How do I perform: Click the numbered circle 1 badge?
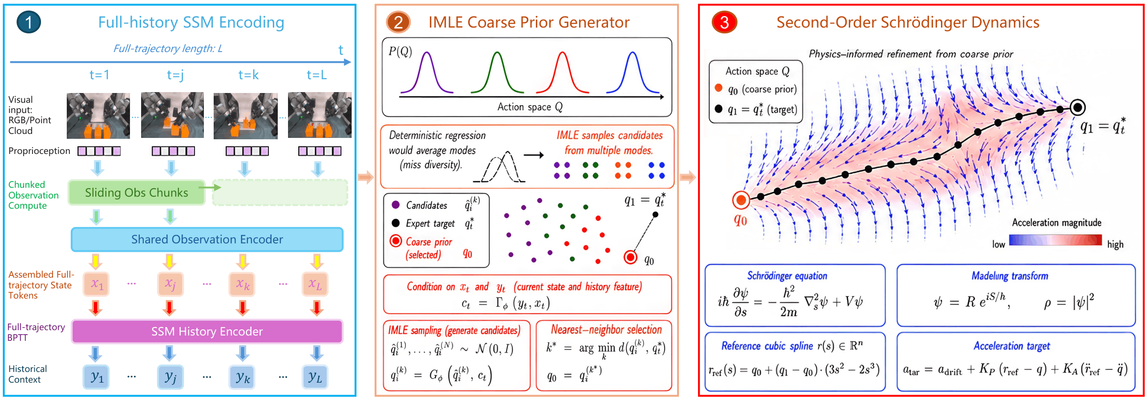click(x=29, y=22)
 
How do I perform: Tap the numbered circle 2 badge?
click(x=398, y=22)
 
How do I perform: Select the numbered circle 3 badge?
click(x=725, y=22)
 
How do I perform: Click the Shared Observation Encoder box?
click(x=207, y=240)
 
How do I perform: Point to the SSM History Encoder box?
click(x=207, y=331)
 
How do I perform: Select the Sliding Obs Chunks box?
click(x=136, y=192)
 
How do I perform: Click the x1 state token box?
click(x=97, y=284)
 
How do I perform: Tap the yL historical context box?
click(x=315, y=377)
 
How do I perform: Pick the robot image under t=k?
click(x=246, y=116)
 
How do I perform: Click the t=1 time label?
click(x=99, y=75)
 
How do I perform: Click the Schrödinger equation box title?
click(x=787, y=276)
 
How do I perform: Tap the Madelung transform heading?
click(x=1010, y=276)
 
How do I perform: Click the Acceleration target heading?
click(x=1012, y=346)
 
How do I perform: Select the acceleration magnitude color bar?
click(x=1055, y=240)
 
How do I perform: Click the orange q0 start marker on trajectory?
click(x=741, y=200)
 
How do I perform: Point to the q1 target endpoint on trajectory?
click(x=1078, y=107)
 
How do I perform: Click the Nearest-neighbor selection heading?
click(x=606, y=330)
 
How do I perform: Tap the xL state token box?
click(x=315, y=284)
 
